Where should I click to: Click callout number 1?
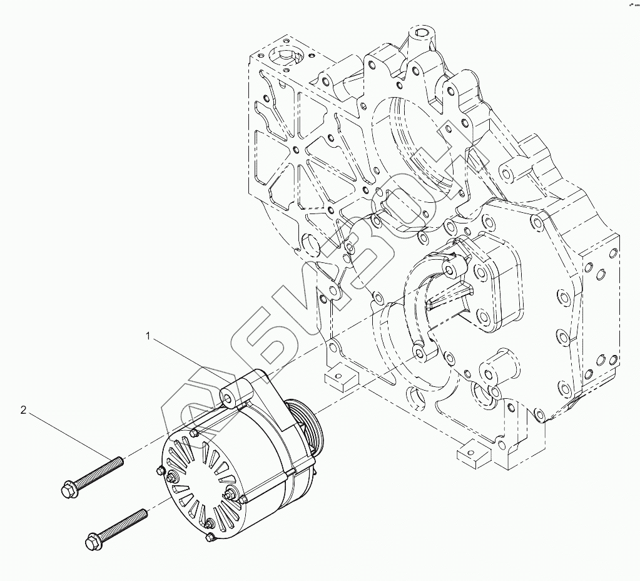pyautogui.click(x=149, y=337)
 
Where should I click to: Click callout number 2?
pyautogui.click(x=24, y=411)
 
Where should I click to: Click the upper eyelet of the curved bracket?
pyautogui.click(x=449, y=270)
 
